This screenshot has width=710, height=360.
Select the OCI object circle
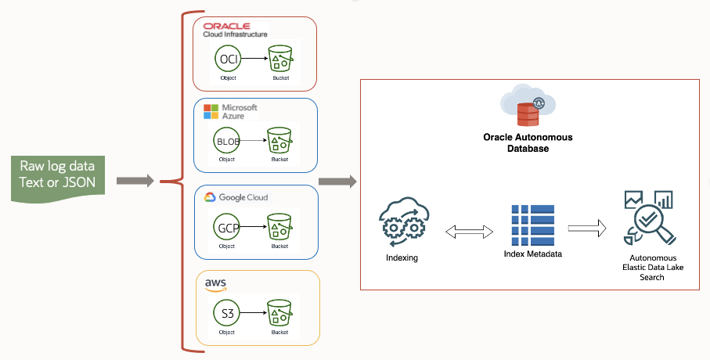(x=227, y=58)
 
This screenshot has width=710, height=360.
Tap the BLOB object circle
(x=227, y=141)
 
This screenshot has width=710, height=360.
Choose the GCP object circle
(x=227, y=228)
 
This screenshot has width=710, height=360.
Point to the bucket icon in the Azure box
(x=279, y=141)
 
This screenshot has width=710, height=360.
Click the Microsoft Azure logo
(x=229, y=110)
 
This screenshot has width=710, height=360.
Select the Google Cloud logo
(x=236, y=197)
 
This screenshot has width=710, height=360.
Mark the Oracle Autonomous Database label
(x=528, y=142)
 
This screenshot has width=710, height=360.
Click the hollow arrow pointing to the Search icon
(x=587, y=229)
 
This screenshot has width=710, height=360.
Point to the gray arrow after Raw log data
(x=135, y=182)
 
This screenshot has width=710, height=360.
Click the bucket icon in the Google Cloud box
(x=279, y=228)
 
